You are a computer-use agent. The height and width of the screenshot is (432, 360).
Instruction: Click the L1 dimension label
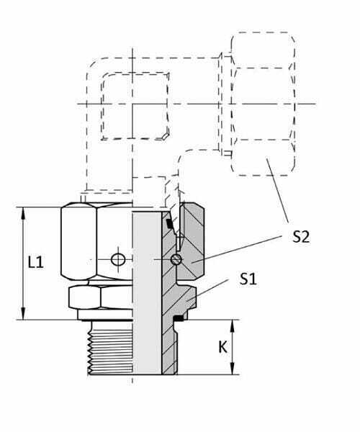[x=36, y=262]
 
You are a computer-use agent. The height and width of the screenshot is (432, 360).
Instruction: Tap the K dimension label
[x=222, y=347]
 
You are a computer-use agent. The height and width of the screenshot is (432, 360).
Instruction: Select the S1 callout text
[x=248, y=279]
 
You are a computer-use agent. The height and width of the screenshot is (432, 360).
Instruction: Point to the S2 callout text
[x=301, y=236]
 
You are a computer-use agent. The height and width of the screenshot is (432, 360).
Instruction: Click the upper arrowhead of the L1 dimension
[x=24, y=214]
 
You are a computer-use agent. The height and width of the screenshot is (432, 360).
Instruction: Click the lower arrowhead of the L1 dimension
[x=24, y=313]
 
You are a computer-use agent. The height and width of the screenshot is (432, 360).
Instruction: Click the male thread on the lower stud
[x=110, y=348]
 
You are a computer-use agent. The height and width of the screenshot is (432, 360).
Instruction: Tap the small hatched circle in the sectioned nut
[x=176, y=259]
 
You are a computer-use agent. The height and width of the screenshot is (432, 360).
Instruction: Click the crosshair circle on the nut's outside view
[x=118, y=259]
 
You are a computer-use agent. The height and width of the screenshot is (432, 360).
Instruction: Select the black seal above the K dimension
[x=179, y=318]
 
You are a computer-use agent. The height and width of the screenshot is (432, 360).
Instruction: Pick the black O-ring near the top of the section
[x=170, y=224]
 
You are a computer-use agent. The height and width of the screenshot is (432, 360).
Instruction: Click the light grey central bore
[x=147, y=293]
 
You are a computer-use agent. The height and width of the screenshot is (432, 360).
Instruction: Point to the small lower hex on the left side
[x=84, y=297]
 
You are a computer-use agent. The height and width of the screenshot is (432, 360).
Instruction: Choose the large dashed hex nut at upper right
[x=263, y=104]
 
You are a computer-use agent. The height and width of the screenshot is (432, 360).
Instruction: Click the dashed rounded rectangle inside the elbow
[x=135, y=106]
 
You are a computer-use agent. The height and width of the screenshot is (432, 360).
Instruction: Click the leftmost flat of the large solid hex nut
[x=78, y=242]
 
